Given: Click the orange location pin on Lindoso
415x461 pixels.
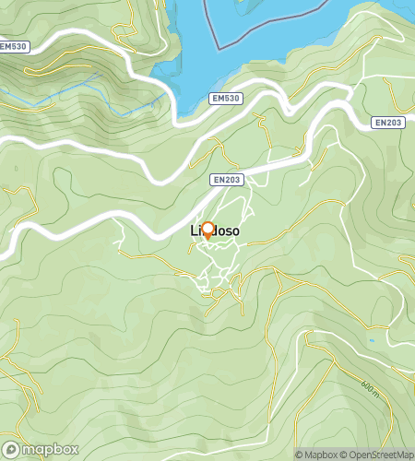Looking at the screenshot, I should click(x=207, y=230).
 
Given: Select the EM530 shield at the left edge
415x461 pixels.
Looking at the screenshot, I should click(x=14, y=46).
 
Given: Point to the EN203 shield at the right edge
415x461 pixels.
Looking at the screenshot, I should click(x=388, y=122).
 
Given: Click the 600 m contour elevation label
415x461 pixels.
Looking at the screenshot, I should click(x=370, y=391).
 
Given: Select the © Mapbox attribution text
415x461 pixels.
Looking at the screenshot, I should click(x=317, y=454).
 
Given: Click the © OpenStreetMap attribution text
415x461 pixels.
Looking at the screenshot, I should click(x=377, y=454).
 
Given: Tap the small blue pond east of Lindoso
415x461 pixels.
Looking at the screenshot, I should click(x=373, y=342).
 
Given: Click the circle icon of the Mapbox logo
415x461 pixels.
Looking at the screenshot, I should click(x=11, y=450).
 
